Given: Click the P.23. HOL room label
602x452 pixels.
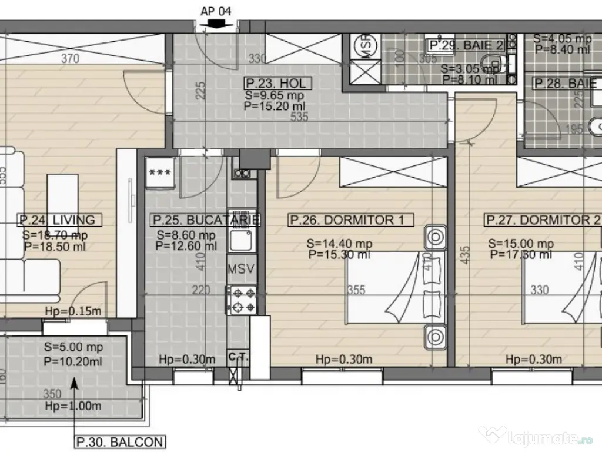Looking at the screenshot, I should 276,84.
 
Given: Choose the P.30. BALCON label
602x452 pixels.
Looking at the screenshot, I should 119,441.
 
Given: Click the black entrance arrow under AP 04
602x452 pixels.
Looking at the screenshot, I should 216,24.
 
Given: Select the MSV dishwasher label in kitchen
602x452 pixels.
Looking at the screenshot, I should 241,270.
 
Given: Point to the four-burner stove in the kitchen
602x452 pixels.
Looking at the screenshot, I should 242,300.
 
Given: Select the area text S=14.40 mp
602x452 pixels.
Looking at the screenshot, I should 339,243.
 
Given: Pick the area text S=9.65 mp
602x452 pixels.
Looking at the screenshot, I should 274,94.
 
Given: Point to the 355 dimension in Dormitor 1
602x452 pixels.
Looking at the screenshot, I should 356,290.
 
